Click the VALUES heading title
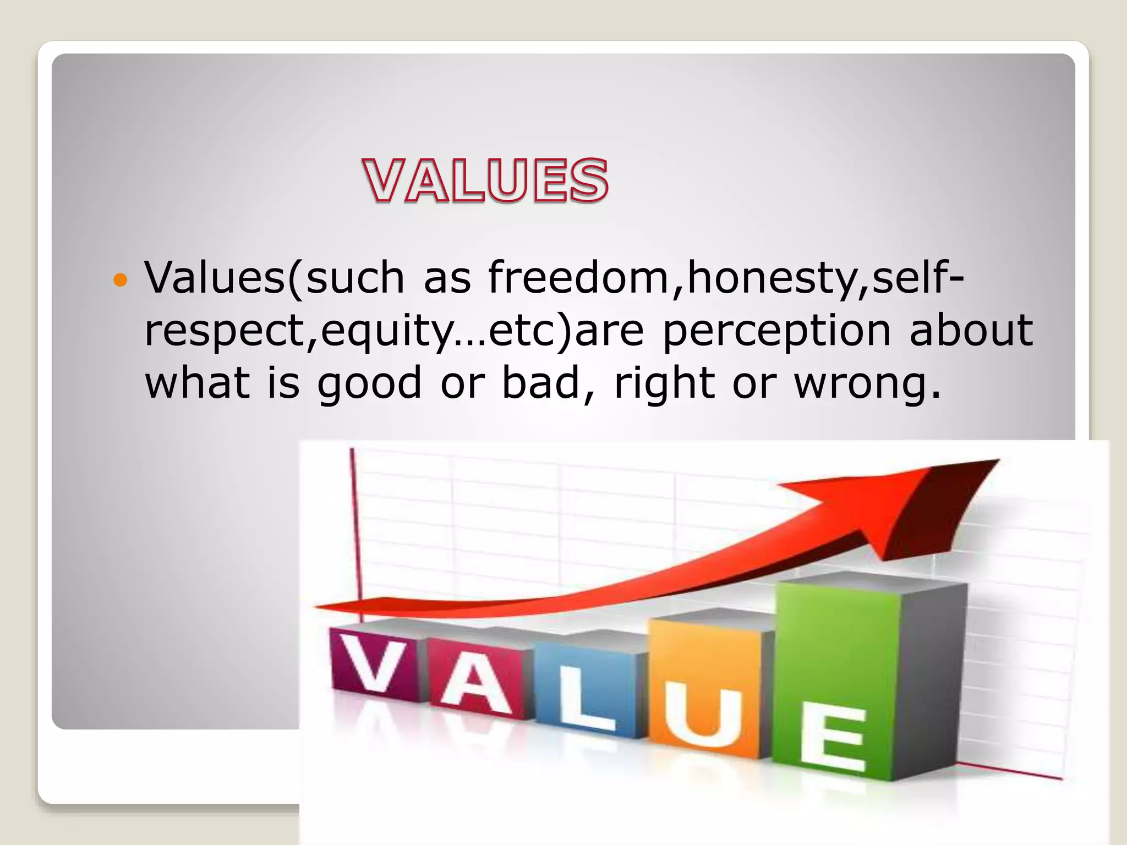pyautogui.click(x=486, y=180)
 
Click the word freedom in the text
pyautogui.click(x=578, y=278)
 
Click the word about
pyautogui.click(x=971, y=330)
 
